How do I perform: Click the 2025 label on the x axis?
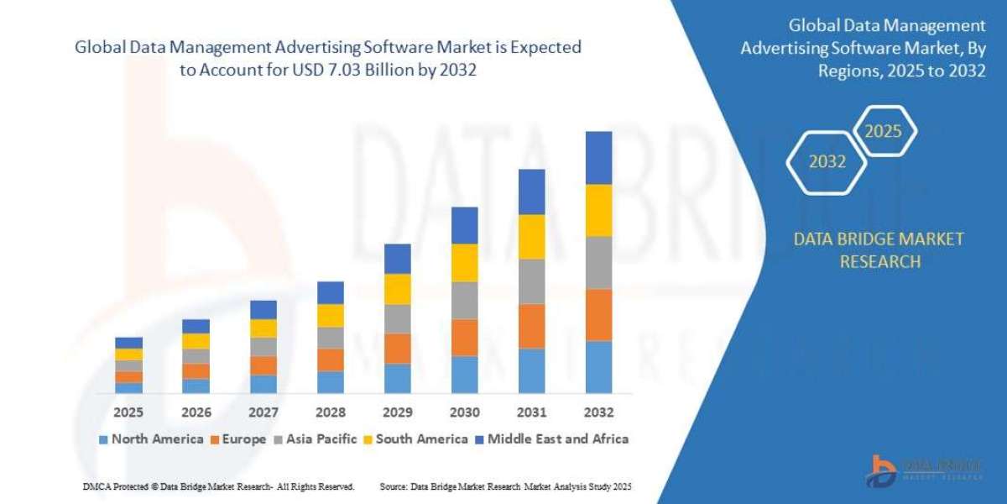coord(128,412)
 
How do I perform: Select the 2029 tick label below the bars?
coord(397,412)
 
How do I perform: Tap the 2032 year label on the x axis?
coord(598,412)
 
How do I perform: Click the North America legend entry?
coord(151,438)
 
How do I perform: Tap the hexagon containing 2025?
coord(883,131)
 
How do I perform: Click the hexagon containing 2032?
coord(827,162)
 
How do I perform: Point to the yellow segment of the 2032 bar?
coord(598,210)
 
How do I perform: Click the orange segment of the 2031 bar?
coord(531,326)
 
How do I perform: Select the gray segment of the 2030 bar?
coord(464,300)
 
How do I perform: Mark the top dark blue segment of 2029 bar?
coord(397,259)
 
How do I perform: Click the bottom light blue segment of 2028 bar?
coord(330,382)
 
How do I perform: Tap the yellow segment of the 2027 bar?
coord(263,328)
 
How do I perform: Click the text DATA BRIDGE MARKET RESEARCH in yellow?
coord(879,250)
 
